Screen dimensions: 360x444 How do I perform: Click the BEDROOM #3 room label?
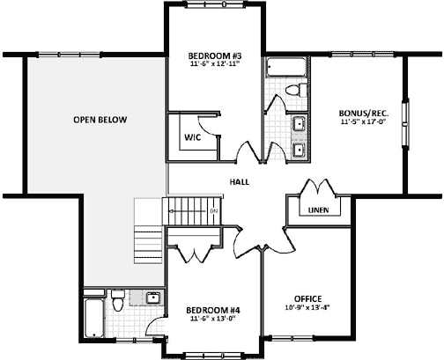pyautogui.click(x=215, y=55)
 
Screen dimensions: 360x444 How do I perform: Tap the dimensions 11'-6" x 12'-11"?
pyautogui.click(x=215, y=64)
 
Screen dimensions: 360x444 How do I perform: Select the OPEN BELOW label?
pyautogui.click(x=100, y=119)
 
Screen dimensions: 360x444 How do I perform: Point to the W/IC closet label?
pyautogui.click(x=193, y=137)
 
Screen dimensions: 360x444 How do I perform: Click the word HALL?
pyautogui.click(x=239, y=182)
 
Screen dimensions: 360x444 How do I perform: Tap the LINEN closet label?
pyautogui.click(x=318, y=210)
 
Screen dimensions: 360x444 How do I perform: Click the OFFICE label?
pyautogui.click(x=307, y=298)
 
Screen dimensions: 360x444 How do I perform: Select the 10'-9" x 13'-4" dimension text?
pyautogui.click(x=307, y=307)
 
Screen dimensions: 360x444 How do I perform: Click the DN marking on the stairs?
pyautogui.click(x=213, y=212)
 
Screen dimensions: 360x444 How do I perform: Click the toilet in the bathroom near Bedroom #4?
pyautogui.click(x=118, y=303)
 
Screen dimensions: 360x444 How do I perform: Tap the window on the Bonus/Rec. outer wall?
pyautogui.click(x=406, y=120)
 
